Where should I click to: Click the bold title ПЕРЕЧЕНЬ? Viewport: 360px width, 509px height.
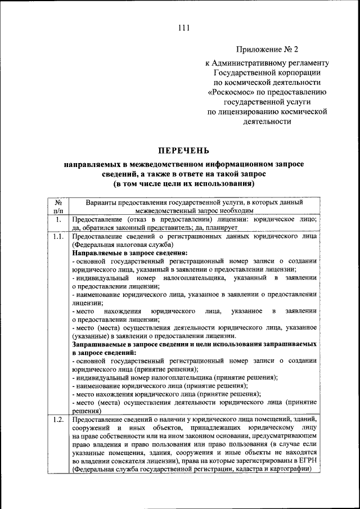pyautogui.click(x=183, y=150)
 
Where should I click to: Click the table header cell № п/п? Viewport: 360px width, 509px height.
pyautogui.click(x=58, y=206)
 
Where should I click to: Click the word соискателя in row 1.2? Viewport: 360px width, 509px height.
pyautogui.click(x=132, y=462)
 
